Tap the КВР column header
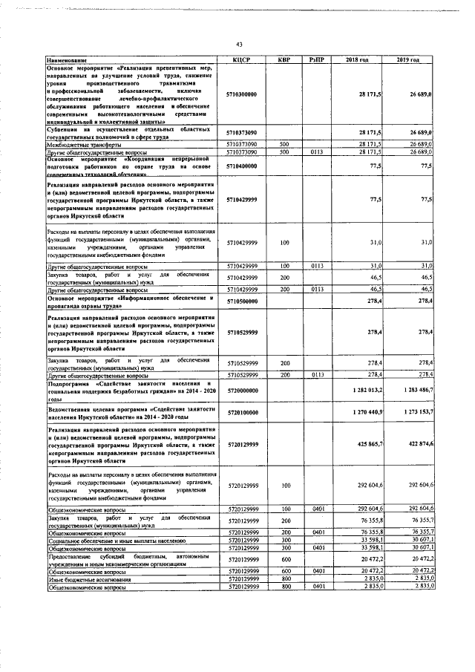pos(284,59)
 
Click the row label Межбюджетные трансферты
pos(85,145)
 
